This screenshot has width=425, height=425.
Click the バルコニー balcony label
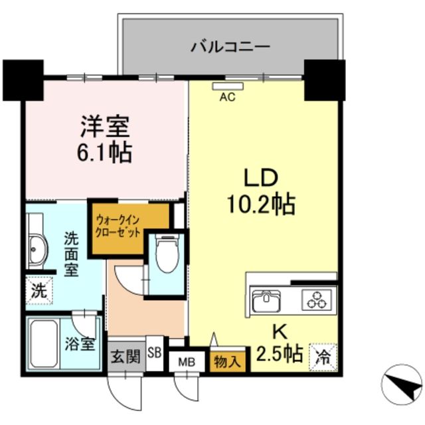[x=229, y=46]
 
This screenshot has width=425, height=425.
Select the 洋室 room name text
[x=105, y=126]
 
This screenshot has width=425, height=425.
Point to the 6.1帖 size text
[x=105, y=153]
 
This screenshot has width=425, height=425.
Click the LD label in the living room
[x=259, y=178]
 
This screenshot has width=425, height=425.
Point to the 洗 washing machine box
[x=39, y=290]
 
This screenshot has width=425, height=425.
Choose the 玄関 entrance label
[x=125, y=357]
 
